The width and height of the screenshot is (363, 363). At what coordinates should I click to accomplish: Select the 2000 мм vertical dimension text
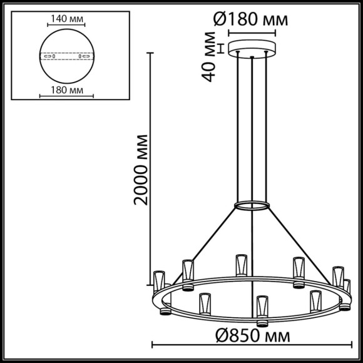coord(143,169)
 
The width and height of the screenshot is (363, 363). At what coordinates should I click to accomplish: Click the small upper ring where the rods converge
coord(252,205)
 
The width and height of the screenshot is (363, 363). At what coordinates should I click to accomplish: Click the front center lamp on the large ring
coord(261,309)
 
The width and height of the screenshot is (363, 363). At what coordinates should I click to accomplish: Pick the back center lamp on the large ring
coord(240,265)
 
